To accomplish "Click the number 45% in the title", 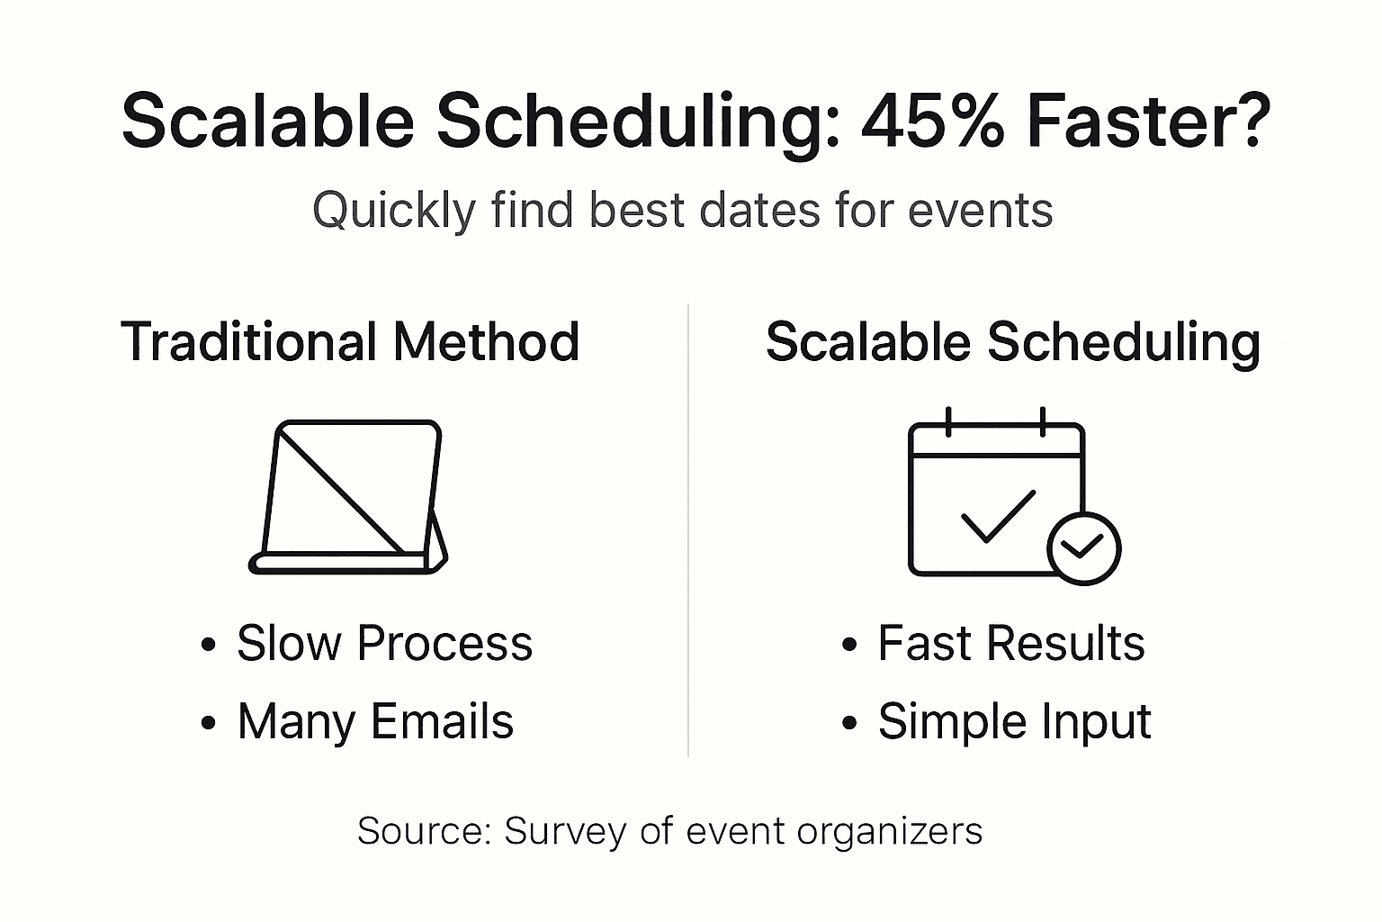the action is (x=933, y=121).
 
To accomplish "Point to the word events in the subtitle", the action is (x=981, y=211).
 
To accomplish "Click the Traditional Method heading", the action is (x=350, y=342).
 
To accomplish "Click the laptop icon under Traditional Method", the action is (x=348, y=497).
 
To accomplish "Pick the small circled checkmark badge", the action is (x=1084, y=548).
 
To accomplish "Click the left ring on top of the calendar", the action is (x=948, y=421).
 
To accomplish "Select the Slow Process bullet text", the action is (x=384, y=643).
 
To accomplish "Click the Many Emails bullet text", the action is (x=375, y=720).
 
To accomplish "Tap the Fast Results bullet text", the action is (x=1011, y=643).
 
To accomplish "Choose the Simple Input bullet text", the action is (x=1015, y=720).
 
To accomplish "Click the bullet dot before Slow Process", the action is (x=209, y=645).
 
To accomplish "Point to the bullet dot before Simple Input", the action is (x=849, y=722).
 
